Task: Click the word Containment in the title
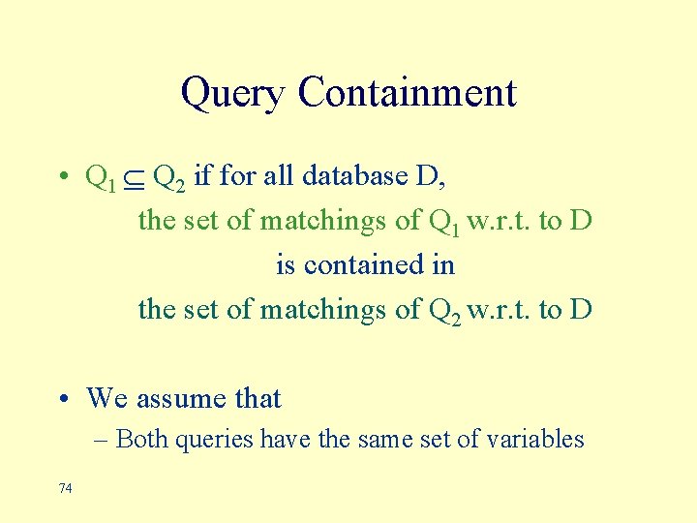408,93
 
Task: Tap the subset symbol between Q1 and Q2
134,178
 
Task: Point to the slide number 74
65,488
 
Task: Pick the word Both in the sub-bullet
142,439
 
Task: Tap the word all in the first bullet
281,176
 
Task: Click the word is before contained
285,264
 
